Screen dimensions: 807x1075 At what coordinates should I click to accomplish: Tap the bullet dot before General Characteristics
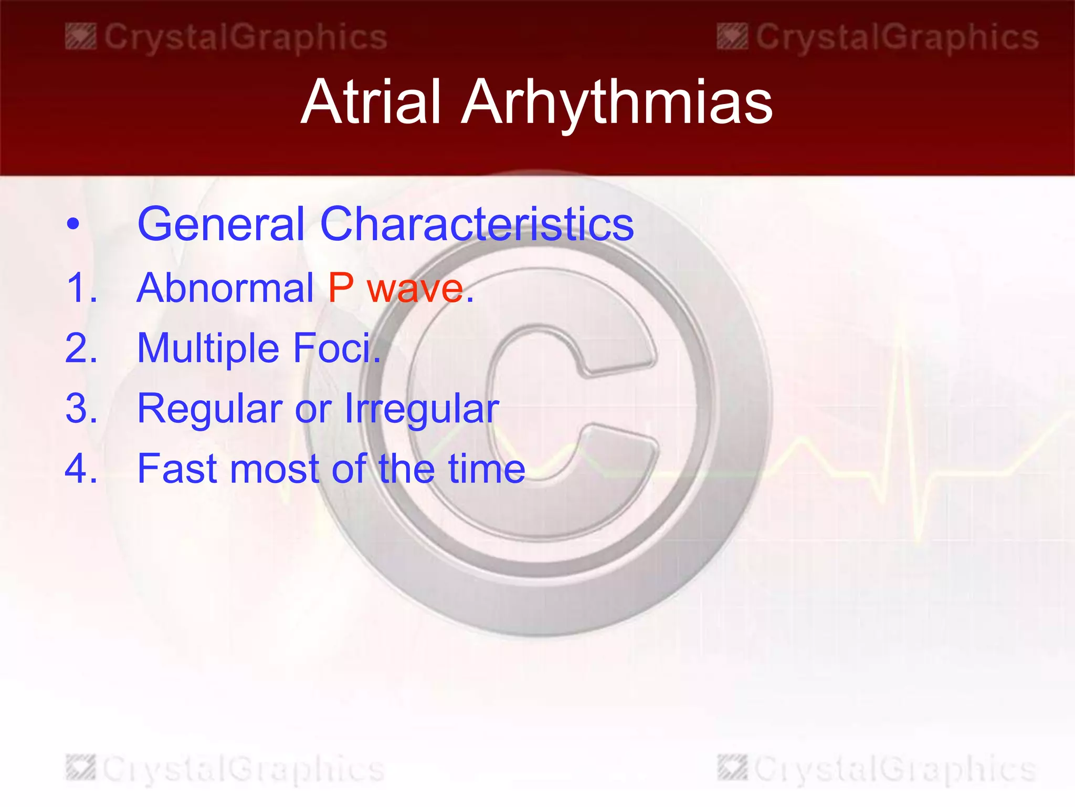pyautogui.click(x=73, y=224)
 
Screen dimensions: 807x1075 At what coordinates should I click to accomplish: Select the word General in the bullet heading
pyautogui.click(x=221, y=224)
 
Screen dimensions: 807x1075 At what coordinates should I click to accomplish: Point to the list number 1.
pyautogui.click(x=82, y=288)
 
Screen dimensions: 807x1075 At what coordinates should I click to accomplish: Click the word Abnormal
pyautogui.click(x=225, y=288)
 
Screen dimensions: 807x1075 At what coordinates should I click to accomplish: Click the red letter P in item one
pyautogui.click(x=341, y=288)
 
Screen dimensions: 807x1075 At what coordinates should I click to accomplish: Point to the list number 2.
pyautogui.click(x=82, y=348)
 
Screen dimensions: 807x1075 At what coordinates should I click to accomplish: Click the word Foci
pyautogui.click(x=336, y=348)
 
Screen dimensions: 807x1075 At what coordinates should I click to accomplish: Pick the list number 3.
pyautogui.click(x=82, y=408)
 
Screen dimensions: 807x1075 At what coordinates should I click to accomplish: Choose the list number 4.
pyautogui.click(x=82, y=469)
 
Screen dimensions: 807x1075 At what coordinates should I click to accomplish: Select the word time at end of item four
pyautogui.click(x=486, y=469)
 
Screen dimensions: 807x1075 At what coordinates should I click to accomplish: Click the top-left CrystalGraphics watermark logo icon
pyautogui.click(x=81, y=37)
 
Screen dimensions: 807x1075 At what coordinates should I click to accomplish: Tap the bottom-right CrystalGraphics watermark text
pyautogui.click(x=895, y=769)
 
